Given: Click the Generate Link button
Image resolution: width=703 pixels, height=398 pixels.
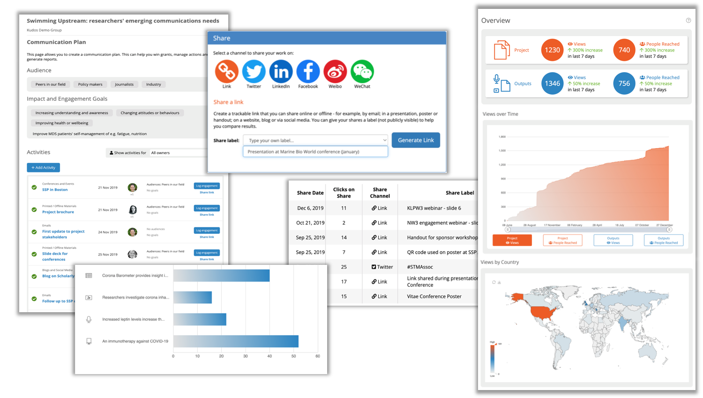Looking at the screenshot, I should pyautogui.click(x=415, y=140).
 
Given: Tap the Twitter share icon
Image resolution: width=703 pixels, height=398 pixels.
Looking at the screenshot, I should pyautogui.click(x=254, y=72).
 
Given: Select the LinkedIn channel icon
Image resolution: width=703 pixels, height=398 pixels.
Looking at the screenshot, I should pyautogui.click(x=281, y=72).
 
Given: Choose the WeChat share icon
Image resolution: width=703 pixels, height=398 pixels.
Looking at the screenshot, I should pyautogui.click(x=362, y=72).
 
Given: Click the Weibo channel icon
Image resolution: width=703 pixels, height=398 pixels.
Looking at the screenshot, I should pyautogui.click(x=335, y=72).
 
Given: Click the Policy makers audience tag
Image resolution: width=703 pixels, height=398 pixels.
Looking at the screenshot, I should pyautogui.click(x=90, y=84).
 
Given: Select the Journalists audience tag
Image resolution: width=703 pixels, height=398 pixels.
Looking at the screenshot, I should pyautogui.click(x=124, y=84).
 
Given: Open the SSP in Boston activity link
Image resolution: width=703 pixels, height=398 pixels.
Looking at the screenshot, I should pyautogui.click(x=55, y=190).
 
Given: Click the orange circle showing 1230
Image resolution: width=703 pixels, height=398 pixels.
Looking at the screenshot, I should pyautogui.click(x=552, y=50).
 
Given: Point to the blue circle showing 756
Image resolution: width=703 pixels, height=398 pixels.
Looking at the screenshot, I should pyautogui.click(x=624, y=83).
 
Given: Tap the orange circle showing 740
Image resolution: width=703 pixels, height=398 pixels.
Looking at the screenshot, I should pyautogui.click(x=624, y=50).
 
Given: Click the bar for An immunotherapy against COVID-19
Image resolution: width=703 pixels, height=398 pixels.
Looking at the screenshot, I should pyautogui.click(x=236, y=341).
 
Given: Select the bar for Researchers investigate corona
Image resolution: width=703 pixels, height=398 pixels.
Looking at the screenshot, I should pyautogui.click(x=193, y=297).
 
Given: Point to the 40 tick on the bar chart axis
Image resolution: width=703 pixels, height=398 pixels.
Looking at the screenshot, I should pyautogui.click(x=269, y=356).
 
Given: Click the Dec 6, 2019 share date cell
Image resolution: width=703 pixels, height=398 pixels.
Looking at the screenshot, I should pyautogui.click(x=310, y=208).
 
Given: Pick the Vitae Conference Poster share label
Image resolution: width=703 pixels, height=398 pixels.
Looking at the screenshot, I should pyautogui.click(x=434, y=296).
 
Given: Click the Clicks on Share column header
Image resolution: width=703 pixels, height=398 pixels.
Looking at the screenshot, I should pyautogui.click(x=344, y=193).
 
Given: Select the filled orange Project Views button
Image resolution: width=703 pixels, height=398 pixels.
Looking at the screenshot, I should pyautogui.click(x=512, y=240).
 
